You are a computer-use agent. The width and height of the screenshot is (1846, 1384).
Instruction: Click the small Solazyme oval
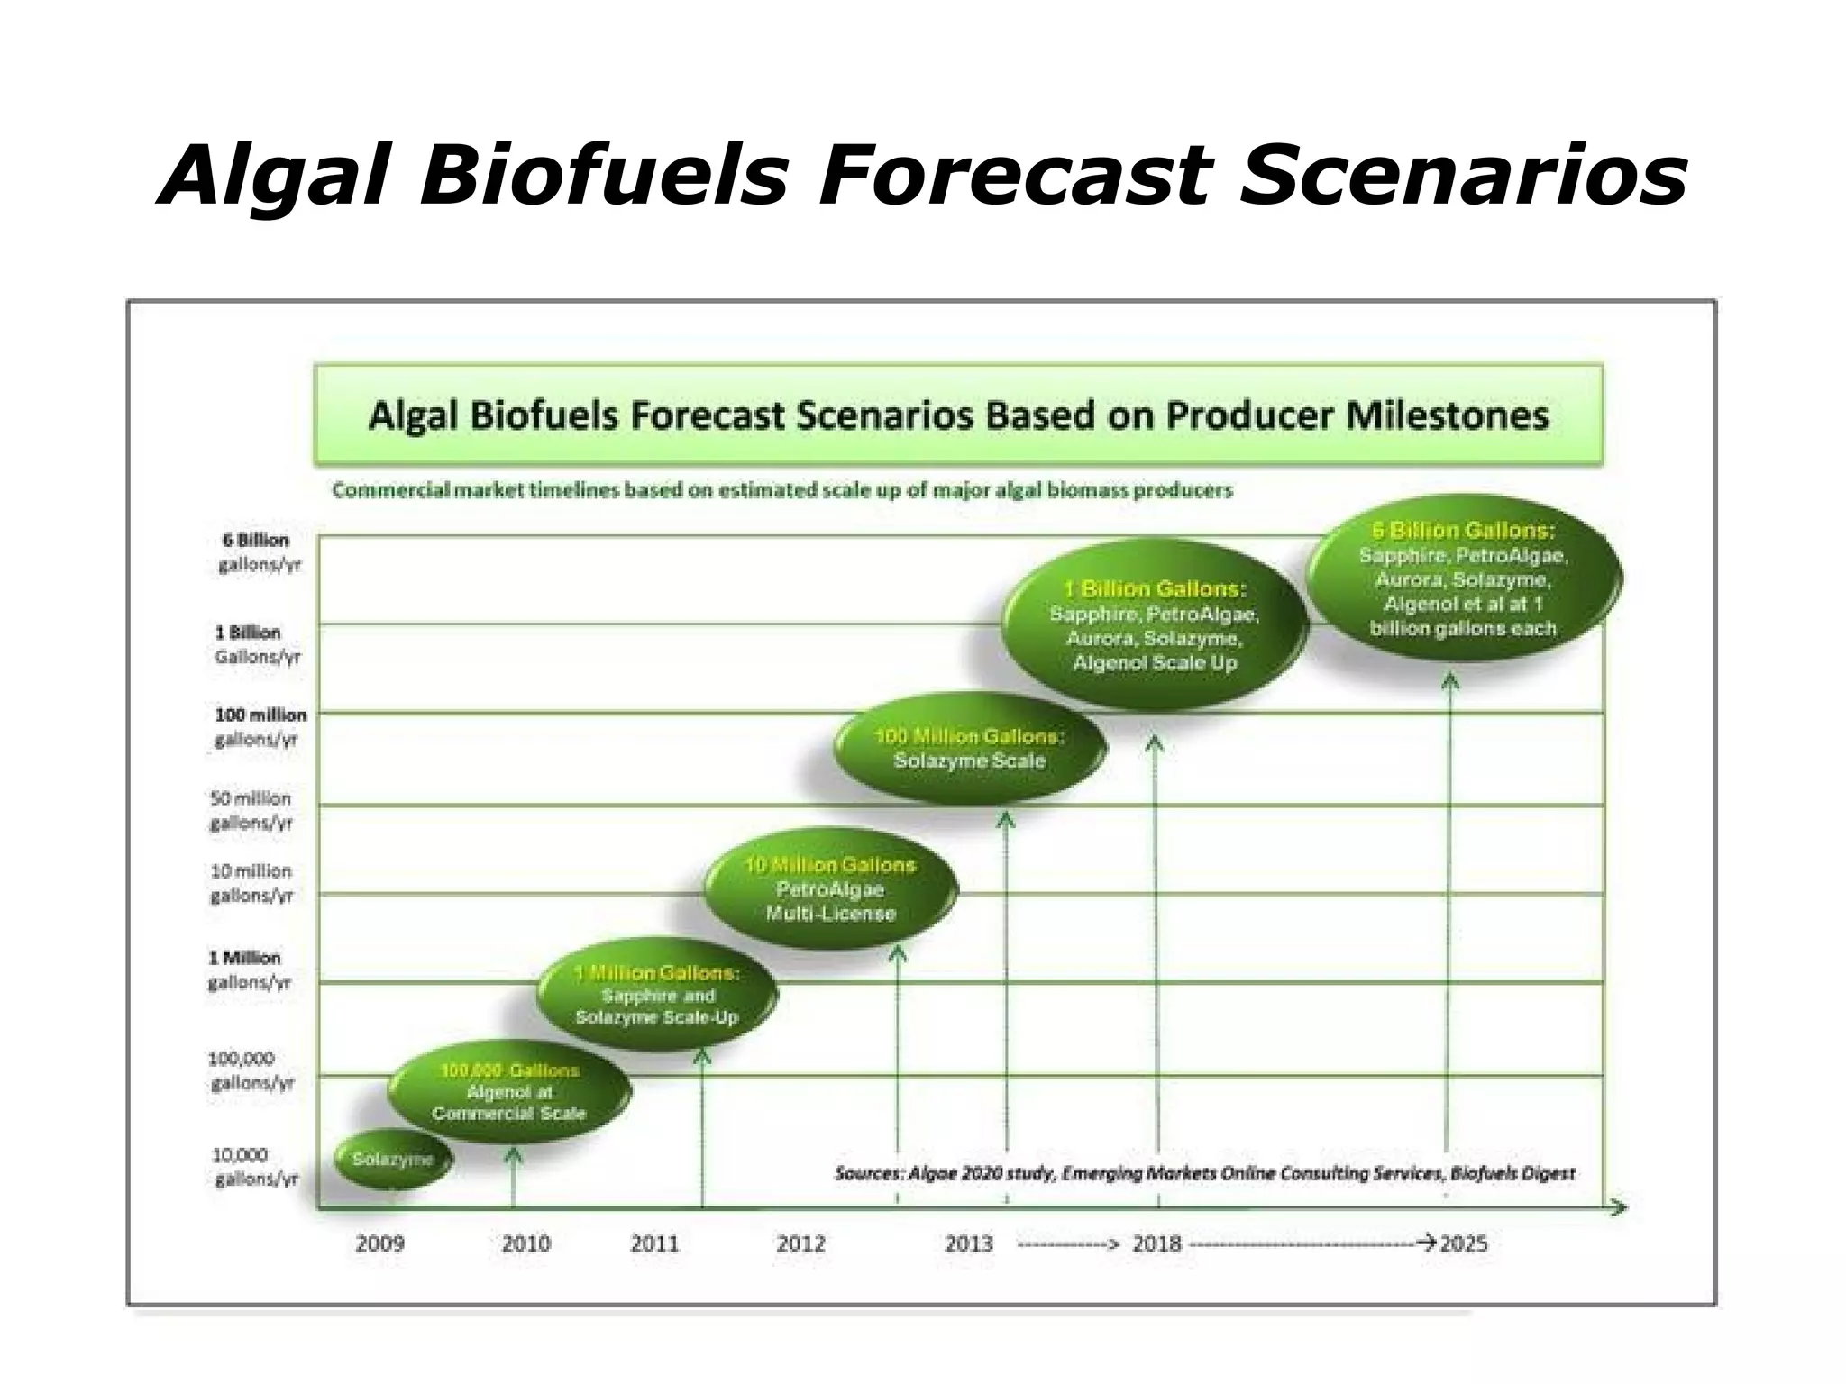393,1160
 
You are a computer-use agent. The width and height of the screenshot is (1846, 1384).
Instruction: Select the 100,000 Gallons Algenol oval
509,1092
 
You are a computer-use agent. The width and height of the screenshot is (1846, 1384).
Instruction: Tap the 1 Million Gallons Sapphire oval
657,996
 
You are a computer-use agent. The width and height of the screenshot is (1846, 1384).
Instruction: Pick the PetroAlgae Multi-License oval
830,889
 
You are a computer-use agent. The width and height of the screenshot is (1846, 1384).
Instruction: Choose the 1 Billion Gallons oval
1155,625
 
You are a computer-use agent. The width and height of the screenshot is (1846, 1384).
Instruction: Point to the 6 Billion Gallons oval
1463,579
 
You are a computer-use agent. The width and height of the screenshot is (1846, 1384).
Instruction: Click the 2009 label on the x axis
379,1244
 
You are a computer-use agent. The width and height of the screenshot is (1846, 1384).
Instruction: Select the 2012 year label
800,1244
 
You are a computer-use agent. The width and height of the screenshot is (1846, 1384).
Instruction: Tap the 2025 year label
1464,1244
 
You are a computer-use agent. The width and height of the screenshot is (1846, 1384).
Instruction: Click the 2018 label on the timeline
1156,1244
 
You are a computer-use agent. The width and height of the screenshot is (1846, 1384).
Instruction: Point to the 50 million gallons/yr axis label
251,810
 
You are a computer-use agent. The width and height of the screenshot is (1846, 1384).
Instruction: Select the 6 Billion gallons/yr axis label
256,552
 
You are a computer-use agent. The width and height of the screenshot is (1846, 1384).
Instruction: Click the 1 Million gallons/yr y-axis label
248,970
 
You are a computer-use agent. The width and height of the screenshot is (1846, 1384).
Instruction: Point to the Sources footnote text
1204,1173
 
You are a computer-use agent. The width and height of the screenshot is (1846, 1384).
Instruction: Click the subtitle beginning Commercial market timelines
781,491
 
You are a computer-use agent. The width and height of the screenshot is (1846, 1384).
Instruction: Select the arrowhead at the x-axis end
1619,1207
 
